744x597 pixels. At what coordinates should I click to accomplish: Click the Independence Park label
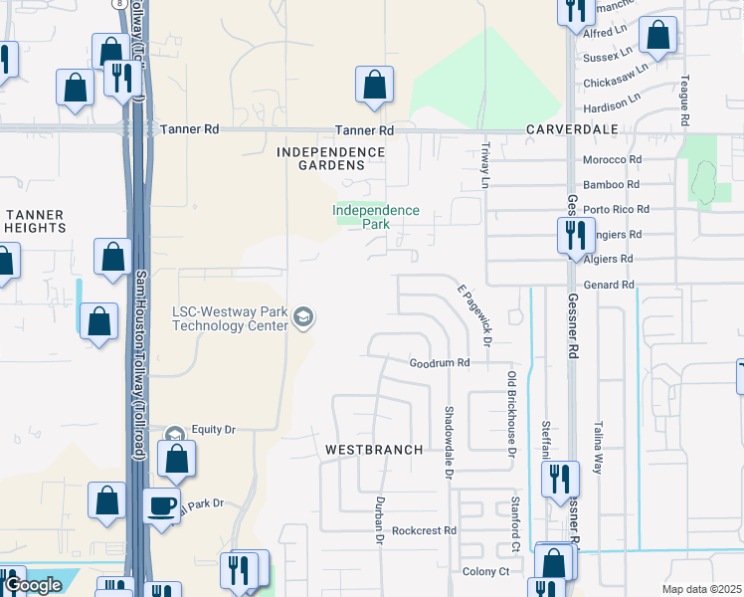(376, 217)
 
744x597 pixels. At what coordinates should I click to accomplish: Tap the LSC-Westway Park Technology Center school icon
(303, 318)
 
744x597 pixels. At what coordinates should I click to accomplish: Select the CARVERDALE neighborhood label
(572, 130)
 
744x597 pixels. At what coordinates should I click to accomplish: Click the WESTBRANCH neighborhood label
(374, 450)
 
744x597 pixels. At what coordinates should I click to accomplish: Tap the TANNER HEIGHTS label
(36, 221)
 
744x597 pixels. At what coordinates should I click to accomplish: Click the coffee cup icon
(161, 505)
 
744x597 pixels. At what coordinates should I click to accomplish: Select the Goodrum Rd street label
(440, 364)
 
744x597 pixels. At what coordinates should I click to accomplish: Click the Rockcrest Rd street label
(424, 531)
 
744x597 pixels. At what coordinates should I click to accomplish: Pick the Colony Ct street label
(485, 571)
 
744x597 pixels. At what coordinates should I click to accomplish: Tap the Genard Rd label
(611, 285)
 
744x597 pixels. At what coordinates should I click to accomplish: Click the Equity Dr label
(213, 429)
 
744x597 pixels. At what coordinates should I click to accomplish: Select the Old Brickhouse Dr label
(512, 414)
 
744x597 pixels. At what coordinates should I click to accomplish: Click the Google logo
(32, 585)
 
